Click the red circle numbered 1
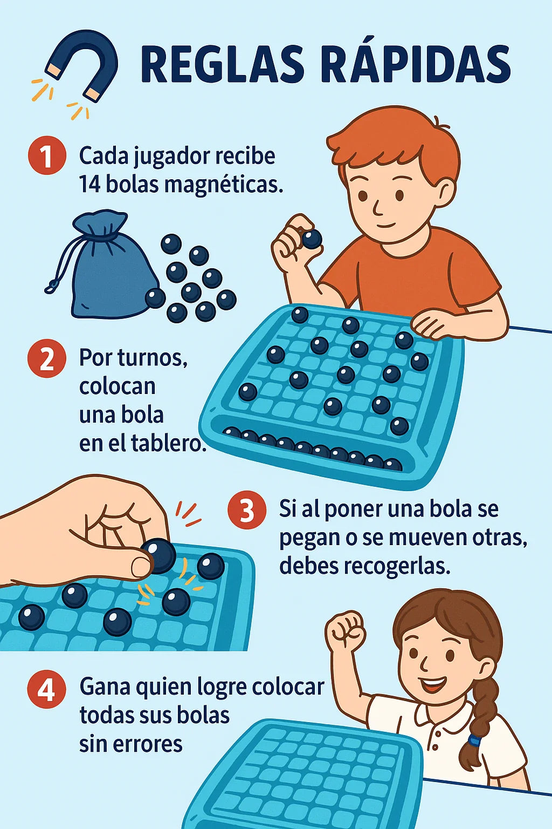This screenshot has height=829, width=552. [x=47, y=155]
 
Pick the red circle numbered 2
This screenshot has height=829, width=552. [x=47, y=358]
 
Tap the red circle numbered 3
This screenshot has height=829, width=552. [x=247, y=511]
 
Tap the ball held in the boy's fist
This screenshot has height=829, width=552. [x=312, y=239]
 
